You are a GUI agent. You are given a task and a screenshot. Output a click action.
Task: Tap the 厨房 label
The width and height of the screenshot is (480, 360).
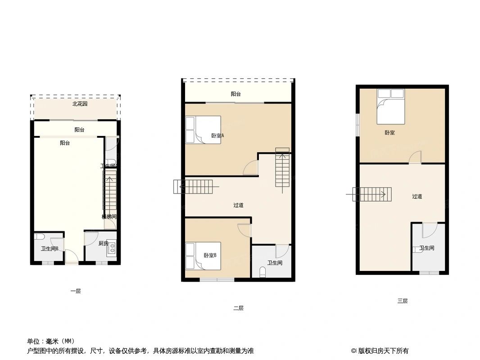tap(103, 243)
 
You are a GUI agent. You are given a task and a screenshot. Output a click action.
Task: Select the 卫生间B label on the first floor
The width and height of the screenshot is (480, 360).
tap(50, 248)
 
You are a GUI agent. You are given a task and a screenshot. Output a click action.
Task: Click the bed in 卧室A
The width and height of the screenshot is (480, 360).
tap(203, 130)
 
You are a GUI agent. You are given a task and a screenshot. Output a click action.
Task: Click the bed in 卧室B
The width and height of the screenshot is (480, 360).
tap(203, 256)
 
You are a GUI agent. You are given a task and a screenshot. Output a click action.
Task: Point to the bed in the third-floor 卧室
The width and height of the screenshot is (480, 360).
tap(390, 106)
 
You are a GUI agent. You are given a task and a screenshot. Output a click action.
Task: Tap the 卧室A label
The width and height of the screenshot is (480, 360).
tap(217, 135)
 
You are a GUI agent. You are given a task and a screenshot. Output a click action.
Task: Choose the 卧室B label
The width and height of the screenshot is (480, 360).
tap(210, 256)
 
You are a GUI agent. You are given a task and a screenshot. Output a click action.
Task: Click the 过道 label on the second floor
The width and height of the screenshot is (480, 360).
tap(238, 205)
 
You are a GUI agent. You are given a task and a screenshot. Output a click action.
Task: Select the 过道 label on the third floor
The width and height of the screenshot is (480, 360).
tap(417, 196)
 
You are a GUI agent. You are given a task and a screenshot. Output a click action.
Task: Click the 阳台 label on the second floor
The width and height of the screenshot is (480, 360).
tap(235, 94)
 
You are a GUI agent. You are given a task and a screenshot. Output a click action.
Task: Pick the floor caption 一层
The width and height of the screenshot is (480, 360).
tap(76, 291)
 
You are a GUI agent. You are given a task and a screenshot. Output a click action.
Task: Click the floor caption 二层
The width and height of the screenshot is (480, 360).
tap(238, 308)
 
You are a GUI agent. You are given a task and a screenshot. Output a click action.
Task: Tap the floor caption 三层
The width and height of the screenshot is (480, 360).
tap(402, 301)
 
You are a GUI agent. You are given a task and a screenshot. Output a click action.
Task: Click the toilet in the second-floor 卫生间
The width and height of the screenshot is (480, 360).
tap(263, 272)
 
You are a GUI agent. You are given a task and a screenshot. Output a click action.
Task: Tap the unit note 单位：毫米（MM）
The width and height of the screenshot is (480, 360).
tap(51, 341)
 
